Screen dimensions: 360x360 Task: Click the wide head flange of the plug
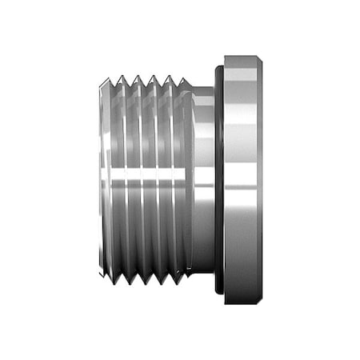pos(242,180)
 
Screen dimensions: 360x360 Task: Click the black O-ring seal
pos(218,180)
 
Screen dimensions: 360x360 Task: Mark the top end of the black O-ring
pos(218,67)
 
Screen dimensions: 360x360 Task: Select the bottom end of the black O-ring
pos(218,293)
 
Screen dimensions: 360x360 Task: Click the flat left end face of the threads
pos(103,180)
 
